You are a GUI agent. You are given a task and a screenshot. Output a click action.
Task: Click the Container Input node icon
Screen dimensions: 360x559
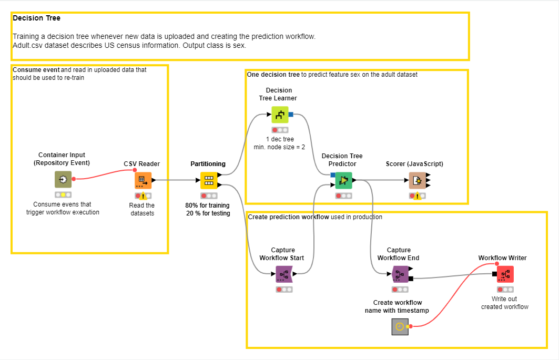63,179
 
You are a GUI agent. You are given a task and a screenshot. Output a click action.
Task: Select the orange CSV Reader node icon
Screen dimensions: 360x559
143,180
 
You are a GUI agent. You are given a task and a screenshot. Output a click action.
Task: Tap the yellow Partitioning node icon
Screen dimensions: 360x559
209,180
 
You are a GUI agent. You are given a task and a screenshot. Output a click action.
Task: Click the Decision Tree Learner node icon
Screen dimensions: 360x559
280,114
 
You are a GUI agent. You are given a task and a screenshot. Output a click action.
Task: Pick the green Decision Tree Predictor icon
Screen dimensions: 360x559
343,180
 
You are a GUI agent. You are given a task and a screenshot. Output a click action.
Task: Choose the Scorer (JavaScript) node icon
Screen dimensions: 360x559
417,180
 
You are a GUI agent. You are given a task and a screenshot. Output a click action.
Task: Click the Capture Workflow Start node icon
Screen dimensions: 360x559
283,274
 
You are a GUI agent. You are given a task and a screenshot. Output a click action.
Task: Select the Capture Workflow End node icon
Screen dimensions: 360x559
400,274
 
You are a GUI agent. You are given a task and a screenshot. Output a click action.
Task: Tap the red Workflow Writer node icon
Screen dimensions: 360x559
505,274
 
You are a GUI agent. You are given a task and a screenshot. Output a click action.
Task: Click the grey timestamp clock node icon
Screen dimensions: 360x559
400,327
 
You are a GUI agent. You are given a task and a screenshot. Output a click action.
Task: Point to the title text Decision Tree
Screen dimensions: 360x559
36,18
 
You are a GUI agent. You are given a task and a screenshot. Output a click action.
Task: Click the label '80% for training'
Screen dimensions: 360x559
207,205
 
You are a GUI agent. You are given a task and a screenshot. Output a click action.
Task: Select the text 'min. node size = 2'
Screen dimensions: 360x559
279,147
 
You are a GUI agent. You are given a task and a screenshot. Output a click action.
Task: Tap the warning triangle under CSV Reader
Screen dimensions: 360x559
143,196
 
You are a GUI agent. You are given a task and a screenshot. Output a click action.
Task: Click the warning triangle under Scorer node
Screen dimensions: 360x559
417,197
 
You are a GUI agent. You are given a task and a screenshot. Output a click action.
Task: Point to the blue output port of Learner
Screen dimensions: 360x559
291,114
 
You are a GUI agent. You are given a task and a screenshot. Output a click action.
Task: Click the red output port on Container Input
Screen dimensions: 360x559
74,179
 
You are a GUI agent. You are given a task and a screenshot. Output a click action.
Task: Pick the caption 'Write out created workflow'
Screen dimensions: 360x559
504,303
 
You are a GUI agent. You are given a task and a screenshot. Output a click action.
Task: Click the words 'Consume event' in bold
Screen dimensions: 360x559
36,70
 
